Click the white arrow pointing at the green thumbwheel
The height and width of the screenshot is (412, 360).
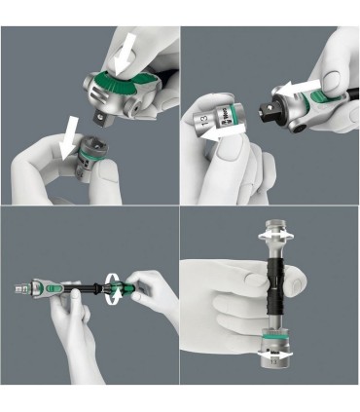pyautogui.click(x=125, y=55)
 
